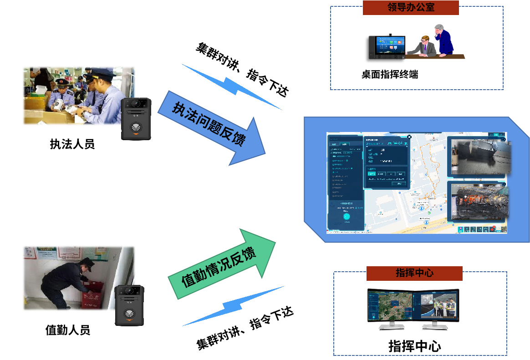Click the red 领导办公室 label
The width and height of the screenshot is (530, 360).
click(x=410, y=7)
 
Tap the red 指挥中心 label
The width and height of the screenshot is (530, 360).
click(x=414, y=273)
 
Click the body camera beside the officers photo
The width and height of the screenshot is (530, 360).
click(x=136, y=119)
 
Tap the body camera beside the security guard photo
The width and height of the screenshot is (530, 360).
click(x=129, y=305)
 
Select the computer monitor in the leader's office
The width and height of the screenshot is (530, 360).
click(x=387, y=47)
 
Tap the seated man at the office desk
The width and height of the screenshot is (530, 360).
click(x=425, y=46)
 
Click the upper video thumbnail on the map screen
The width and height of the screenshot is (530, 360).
click(x=479, y=157)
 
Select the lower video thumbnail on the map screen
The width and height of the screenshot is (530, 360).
click(x=478, y=202)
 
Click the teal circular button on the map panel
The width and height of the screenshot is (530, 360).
click(x=347, y=217)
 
